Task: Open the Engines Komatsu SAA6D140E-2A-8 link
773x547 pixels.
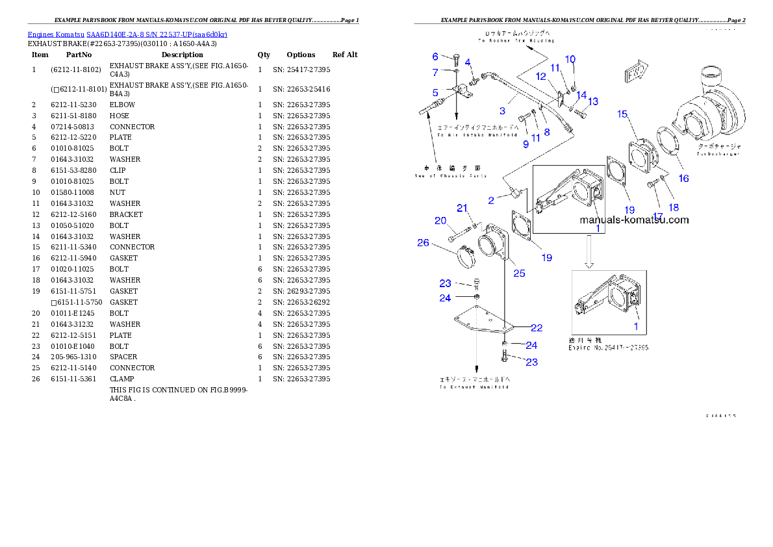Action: coord(127,34)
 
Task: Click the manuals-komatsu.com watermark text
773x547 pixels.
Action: coord(634,220)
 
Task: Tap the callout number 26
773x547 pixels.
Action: coord(423,243)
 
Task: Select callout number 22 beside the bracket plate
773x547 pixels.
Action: coord(537,328)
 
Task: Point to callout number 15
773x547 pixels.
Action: coord(622,114)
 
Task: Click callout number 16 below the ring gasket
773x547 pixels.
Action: coord(683,179)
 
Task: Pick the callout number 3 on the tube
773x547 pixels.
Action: coord(502,111)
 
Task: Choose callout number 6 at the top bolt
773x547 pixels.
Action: coord(435,57)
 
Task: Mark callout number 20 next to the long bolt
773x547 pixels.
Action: coord(440,221)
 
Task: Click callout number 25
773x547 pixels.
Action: coord(519,273)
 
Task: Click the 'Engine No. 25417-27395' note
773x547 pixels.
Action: coord(608,348)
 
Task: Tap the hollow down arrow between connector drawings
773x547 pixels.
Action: coord(589,253)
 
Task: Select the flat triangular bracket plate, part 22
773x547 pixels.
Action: coord(481,324)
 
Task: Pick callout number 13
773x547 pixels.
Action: coord(593,101)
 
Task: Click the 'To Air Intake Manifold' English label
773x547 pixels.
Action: coord(466,135)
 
